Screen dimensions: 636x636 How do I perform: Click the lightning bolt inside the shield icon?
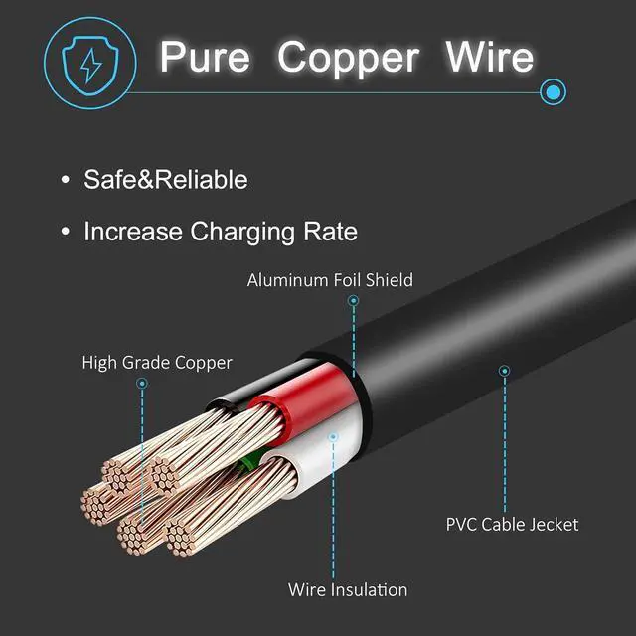pyautogui.click(x=90, y=66)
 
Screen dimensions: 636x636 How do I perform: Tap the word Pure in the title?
pyautogui.click(x=205, y=57)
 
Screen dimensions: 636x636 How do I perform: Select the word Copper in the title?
pyautogui.click(x=348, y=60)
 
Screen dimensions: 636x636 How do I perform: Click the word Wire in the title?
pyautogui.click(x=489, y=57)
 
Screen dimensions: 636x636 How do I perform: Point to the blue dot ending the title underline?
pyautogui.click(x=554, y=92)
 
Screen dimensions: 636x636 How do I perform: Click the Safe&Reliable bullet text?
pyautogui.click(x=166, y=179)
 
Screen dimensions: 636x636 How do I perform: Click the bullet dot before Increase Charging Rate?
pyautogui.click(x=65, y=232)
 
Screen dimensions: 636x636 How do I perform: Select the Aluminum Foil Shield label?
pyautogui.click(x=330, y=280)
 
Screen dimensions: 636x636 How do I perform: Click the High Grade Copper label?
pyautogui.click(x=157, y=363)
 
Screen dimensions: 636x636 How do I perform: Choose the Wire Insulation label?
pyautogui.click(x=348, y=589)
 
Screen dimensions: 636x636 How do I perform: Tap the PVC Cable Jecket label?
pyautogui.click(x=512, y=524)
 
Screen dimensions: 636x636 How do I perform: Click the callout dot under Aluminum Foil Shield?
pyautogui.click(x=354, y=300)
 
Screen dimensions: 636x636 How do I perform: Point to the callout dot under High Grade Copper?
pyautogui.click(x=142, y=384)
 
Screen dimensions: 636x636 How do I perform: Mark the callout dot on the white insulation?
pyautogui.click(x=333, y=437)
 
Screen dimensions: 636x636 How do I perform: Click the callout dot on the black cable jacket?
pyautogui.click(x=504, y=371)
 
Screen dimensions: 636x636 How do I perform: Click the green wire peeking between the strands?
pyautogui.click(x=249, y=461)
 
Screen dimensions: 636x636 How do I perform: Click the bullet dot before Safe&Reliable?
pyautogui.click(x=65, y=179)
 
